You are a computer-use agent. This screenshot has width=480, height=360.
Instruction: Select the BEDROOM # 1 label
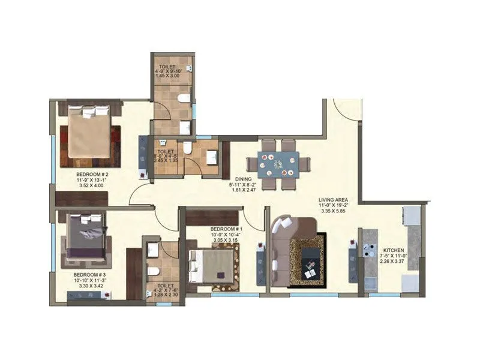(226, 229)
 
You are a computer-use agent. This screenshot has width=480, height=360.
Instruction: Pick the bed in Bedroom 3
(87, 237)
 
